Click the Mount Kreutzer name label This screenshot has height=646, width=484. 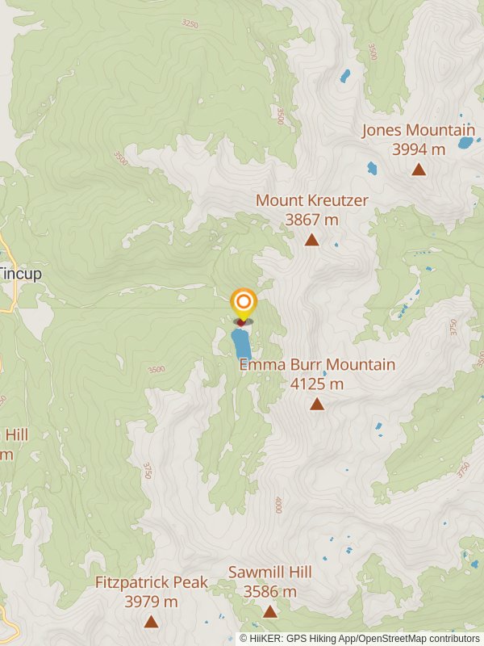pyautogui.click(x=311, y=200)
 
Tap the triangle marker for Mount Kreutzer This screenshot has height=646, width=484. pyautogui.click(x=311, y=240)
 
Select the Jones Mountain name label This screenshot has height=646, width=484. pyautogui.click(x=418, y=130)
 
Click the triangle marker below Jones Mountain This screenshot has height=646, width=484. pyautogui.click(x=419, y=170)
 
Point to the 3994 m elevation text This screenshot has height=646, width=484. pyautogui.click(x=418, y=149)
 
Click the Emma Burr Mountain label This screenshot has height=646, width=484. pyautogui.click(x=317, y=365)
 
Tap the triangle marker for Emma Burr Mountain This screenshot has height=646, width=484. pyautogui.click(x=317, y=404)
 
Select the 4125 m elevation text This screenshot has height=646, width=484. pyautogui.click(x=317, y=384)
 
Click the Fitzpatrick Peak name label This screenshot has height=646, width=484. pyautogui.click(x=151, y=582)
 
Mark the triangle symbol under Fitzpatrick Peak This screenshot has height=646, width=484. pyautogui.click(x=151, y=621)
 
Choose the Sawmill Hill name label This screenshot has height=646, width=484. pyautogui.click(x=269, y=573)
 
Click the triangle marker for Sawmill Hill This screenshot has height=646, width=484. pyautogui.click(x=269, y=612)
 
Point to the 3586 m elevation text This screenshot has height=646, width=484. pyautogui.click(x=269, y=592)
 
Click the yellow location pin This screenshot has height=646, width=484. pyautogui.click(x=243, y=304)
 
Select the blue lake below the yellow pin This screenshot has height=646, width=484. pyautogui.click(x=241, y=344)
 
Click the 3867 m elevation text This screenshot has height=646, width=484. pyautogui.click(x=311, y=220)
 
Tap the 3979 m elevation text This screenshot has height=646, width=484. pyautogui.click(x=151, y=602)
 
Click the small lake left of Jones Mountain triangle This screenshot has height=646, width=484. pyautogui.click(x=372, y=169)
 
